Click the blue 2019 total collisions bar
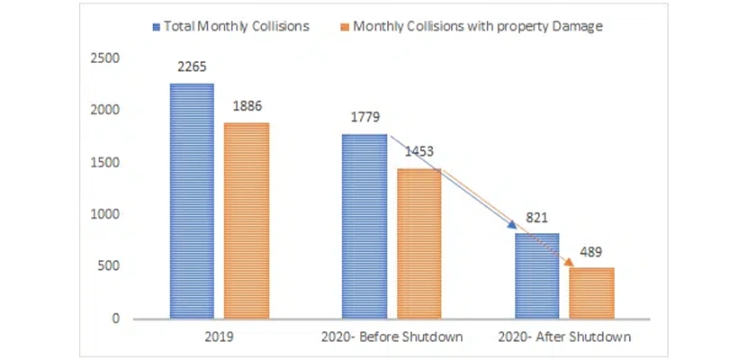pos(193,201)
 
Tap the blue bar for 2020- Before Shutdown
pos(364,227)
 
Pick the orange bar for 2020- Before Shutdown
pos(418,243)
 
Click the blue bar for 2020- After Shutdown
pos(537,275)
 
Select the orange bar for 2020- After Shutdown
pos(591,292)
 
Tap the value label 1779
pos(364,119)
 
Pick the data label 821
pos(537,219)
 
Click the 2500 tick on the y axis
pos(105,58)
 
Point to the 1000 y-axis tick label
pos(105,214)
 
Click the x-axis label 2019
pos(220,337)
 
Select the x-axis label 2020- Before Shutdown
pos(391,337)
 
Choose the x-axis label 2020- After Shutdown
pos(564,337)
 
